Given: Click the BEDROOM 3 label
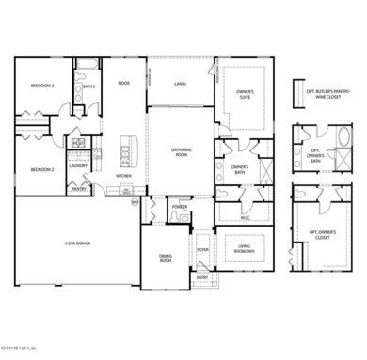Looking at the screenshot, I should coord(42,86).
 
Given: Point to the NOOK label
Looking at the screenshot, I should coord(123,84).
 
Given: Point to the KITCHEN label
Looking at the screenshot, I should coord(123,176).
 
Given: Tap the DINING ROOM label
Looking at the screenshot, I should coord(166,259).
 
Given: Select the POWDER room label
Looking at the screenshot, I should coord(180,207).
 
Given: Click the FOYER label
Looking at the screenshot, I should coord(201,249).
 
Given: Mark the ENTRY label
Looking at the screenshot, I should coord(201,278).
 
